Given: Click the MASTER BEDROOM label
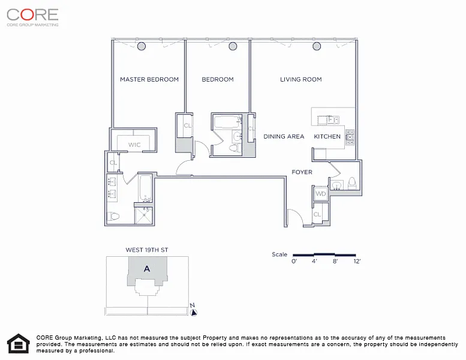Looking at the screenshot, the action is [149, 79].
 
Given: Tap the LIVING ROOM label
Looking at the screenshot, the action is [300, 79].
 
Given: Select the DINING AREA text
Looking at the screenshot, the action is [284, 136].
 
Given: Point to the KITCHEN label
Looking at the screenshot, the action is [327, 136].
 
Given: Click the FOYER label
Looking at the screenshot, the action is [302, 172].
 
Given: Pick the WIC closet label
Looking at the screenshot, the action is [134, 145].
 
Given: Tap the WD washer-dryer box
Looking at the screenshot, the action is [321, 194].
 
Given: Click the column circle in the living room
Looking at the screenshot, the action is [317, 46].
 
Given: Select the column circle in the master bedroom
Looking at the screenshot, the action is [142, 46].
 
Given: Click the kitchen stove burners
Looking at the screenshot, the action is [350, 137].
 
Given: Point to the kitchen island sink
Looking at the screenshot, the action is [333, 120].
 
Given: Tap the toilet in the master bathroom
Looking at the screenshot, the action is [113, 216].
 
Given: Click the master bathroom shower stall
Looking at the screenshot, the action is [143, 215].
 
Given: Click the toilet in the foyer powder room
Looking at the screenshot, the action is [352, 183].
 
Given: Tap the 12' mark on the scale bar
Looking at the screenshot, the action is [357, 262].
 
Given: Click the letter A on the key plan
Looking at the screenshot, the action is [147, 269].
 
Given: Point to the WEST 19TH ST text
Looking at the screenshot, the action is [147, 250].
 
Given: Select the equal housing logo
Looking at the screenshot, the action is [19, 344].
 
